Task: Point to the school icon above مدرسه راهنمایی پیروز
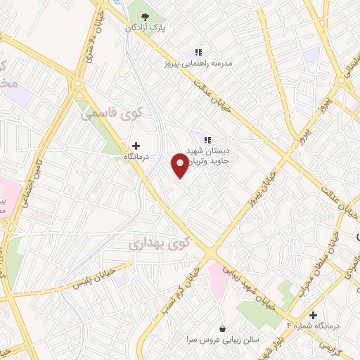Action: tap(198, 51)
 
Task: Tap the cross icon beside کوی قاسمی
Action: tap(135, 145)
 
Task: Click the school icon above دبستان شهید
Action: tap(207, 139)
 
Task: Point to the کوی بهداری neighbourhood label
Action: tap(160, 243)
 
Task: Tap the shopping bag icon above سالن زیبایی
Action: tap(223, 328)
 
